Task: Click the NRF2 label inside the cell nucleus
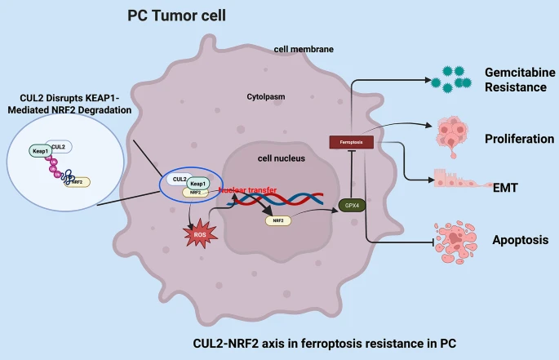(x=277, y=220)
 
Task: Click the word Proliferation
(x=518, y=139)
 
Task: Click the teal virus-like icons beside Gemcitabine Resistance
(x=451, y=76)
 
